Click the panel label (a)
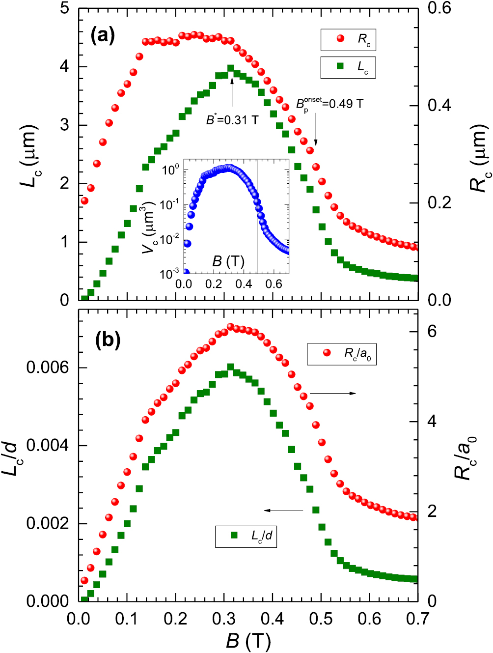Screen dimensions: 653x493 (x=103, y=35)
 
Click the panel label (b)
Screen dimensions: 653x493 (x=108, y=340)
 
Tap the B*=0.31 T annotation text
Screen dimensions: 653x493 (x=232, y=119)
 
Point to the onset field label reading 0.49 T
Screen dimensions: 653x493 (x=329, y=104)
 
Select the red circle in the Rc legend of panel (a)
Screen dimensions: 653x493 (x=340, y=38)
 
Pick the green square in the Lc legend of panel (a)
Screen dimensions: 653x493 (x=340, y=66)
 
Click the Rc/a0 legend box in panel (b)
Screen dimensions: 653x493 (x=342, y=353)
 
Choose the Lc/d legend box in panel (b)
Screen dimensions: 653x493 (x=246, y=536)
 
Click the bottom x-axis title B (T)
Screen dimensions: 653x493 (x=248, y=641)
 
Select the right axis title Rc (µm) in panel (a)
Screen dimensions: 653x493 (x=479, y=157)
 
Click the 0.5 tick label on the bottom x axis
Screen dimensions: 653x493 (x=321, y=619)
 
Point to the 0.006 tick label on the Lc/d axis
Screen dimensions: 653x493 (x=48, y=368)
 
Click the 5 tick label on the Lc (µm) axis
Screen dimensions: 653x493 (x=64, y=8)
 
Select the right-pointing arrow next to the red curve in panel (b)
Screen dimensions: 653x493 (x=333, y=393)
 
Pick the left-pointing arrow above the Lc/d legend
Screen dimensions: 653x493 (x=283, y=511)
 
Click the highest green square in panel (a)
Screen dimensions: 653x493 (x=231, y=68)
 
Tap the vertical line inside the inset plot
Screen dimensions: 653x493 (x=257, y=216)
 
